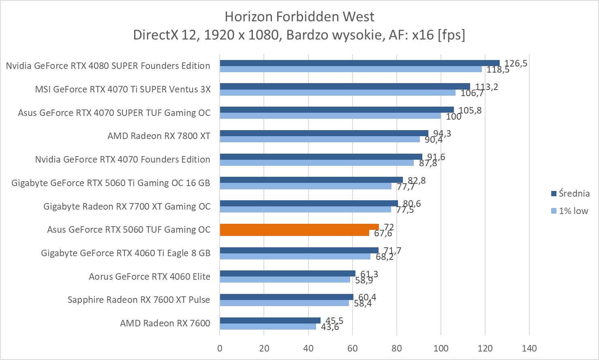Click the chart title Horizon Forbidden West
point(299,17)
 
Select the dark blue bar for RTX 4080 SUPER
point(359,63)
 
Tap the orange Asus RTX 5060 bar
point(299,227)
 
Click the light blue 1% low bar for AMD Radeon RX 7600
point(268,326)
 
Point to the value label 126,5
point(516,63)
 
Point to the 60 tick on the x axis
point(352,348)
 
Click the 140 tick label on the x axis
point(529,348)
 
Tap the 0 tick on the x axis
point(220,348)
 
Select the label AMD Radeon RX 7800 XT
point(159,136)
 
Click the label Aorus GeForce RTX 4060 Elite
point(150,276)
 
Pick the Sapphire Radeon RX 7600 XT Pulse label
point(139,300)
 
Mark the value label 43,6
point(330,327)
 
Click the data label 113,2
point(486,87)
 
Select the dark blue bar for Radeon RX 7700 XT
point(309,204)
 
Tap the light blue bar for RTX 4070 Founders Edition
point(317,163)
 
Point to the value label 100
point(454,117)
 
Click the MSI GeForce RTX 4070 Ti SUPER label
point(123,89)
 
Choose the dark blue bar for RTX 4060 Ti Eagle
point(299,251)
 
